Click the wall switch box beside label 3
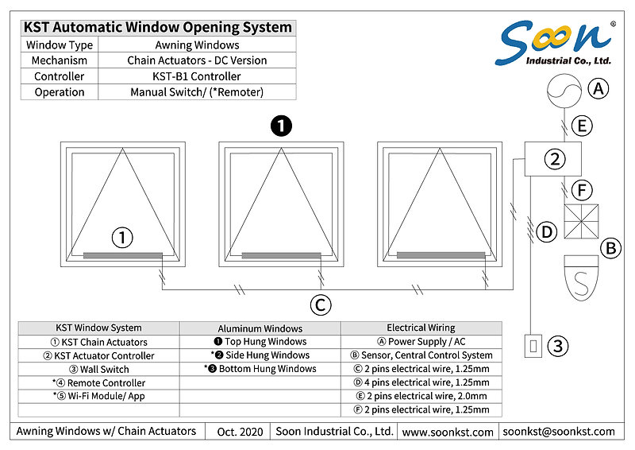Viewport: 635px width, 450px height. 533,346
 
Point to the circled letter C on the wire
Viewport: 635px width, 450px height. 320,304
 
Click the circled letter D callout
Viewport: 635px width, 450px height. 545,233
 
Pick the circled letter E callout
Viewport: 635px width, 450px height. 583,125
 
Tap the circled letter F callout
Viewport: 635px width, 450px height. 583,191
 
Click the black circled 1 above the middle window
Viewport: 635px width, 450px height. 281,126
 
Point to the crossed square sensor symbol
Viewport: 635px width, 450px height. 580,222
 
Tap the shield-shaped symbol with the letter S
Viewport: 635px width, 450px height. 581,275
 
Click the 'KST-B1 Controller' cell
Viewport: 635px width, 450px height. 196,77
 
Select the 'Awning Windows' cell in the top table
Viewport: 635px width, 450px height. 196,45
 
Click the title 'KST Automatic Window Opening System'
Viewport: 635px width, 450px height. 157,27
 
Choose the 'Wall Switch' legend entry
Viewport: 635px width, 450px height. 98,369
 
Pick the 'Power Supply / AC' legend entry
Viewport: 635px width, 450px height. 421,341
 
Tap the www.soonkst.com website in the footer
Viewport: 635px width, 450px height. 448,431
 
